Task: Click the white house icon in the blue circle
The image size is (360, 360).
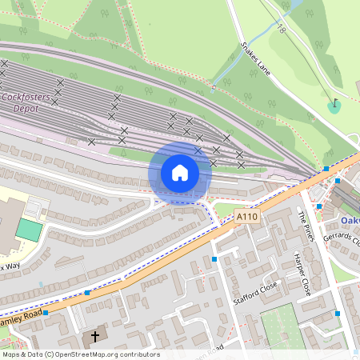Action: (x=180, y=173)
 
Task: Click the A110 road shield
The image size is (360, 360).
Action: (x=246, y=216)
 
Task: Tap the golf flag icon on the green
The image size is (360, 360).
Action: (x=334, y=104)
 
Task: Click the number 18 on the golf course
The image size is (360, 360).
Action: (x=282, y=30)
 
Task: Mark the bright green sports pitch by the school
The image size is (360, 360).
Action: (x=29, y=230)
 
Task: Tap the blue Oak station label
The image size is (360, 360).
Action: (x=350, y=220)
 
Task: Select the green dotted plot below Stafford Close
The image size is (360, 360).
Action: (x=288, y=326)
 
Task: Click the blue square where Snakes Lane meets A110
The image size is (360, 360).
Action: (x=326, y=168)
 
